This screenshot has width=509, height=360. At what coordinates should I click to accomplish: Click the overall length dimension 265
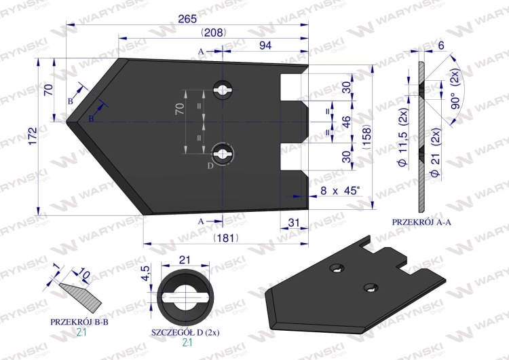187,19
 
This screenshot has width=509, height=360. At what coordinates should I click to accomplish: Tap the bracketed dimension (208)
214,33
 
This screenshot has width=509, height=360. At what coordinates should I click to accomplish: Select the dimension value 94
265,45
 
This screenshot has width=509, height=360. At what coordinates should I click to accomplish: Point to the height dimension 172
33,136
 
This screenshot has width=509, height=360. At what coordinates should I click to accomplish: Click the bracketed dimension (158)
366,137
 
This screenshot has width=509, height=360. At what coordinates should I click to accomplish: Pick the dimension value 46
346,122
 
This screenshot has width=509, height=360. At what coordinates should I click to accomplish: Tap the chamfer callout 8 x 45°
340,190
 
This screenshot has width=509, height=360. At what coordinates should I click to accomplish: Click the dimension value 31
293,223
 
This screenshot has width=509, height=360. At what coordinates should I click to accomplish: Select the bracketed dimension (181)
226,238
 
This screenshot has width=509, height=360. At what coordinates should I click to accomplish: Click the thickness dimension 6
441,46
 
